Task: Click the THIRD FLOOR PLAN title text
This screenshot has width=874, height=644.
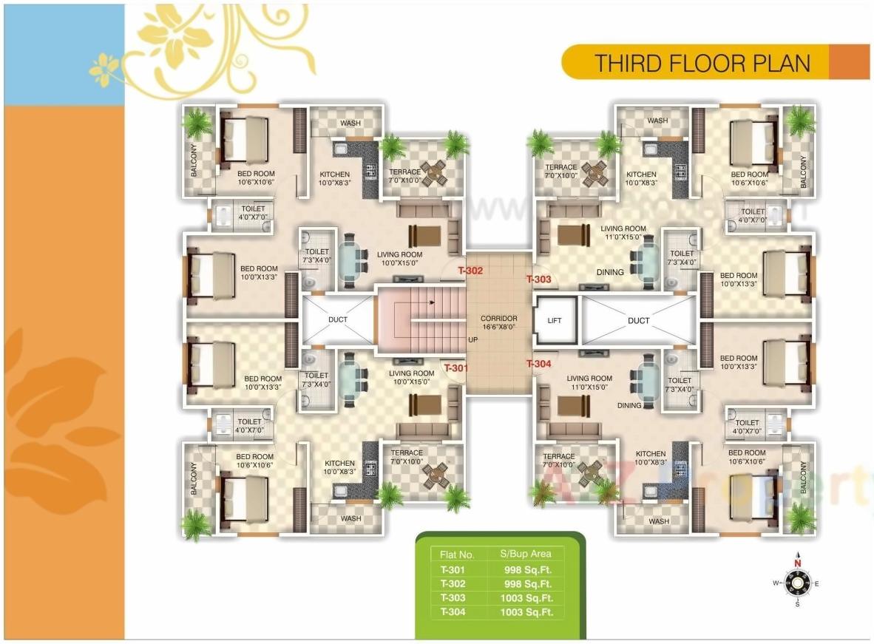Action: point(702,63)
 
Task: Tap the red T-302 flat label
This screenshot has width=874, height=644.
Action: point(470,271)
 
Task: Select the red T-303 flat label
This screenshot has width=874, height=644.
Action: point(538,279)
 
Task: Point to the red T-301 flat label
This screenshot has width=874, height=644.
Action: point(455,367)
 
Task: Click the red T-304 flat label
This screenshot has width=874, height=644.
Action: point(538,364)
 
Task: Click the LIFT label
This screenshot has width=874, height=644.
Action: point(555,321)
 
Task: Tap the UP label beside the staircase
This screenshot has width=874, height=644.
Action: point(472,341)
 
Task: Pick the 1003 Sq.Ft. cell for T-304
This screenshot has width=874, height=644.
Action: point(526,612)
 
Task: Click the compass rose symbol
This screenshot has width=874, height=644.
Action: point(797,583)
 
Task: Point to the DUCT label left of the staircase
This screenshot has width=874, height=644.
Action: point(338,320)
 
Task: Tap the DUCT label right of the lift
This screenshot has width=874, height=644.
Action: point(638,321)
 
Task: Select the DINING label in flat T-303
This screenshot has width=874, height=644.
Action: point(610,272)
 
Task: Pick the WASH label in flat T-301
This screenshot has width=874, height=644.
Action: point(350,518)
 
